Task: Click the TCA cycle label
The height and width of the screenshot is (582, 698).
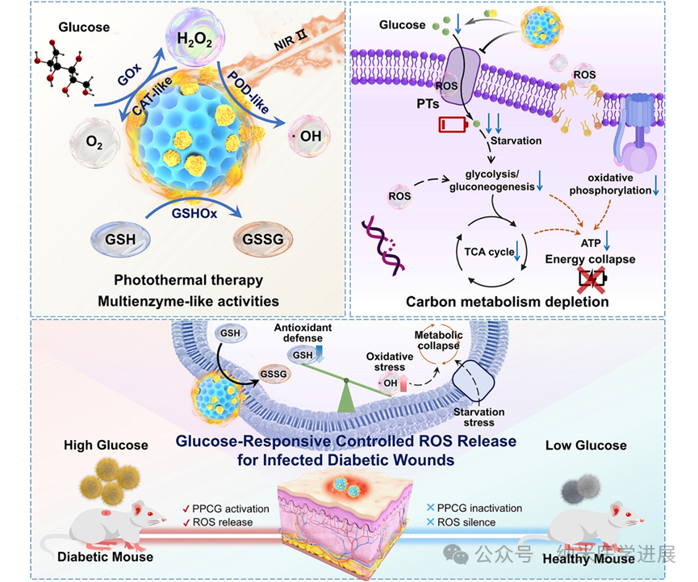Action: tap(490, 252)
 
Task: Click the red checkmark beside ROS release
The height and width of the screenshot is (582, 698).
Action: tap(186, 521)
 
